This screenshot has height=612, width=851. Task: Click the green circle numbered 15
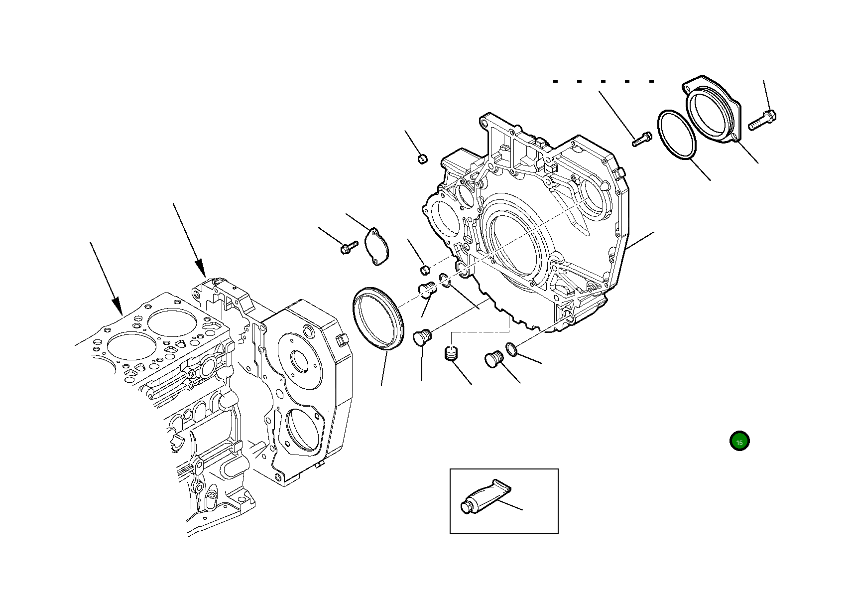tap(739, 442)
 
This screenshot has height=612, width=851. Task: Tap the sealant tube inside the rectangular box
tap(486, 498)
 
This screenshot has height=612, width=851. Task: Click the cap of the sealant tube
tap(466, 508)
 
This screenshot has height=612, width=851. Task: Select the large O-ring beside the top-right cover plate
tap(677, 136)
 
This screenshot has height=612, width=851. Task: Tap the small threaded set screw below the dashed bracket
tap(451, 355)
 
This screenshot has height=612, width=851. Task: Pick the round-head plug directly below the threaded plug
tap(422, 338)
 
